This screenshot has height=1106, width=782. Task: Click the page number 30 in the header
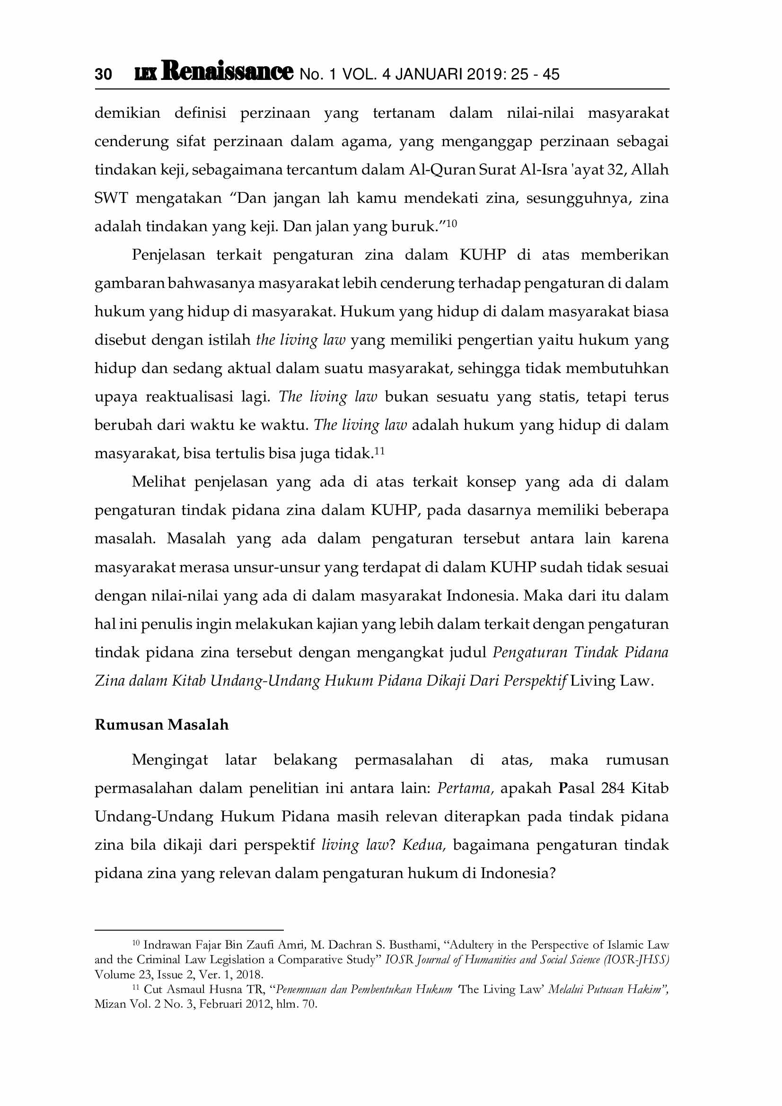(x=103, y=74)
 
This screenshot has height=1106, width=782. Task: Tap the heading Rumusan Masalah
(x=161, y=725)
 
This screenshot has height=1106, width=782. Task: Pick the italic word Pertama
(x=465, y=788)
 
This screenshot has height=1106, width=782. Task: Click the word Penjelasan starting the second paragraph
(x=168, y=255)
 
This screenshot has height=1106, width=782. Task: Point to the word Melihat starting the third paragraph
(x=158, y=482)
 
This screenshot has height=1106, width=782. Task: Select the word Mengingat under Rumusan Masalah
(x=170, y=760)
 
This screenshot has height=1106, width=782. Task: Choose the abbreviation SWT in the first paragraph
(x=111, y=198)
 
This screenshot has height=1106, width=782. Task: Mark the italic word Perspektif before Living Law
(x=535, y=681)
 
